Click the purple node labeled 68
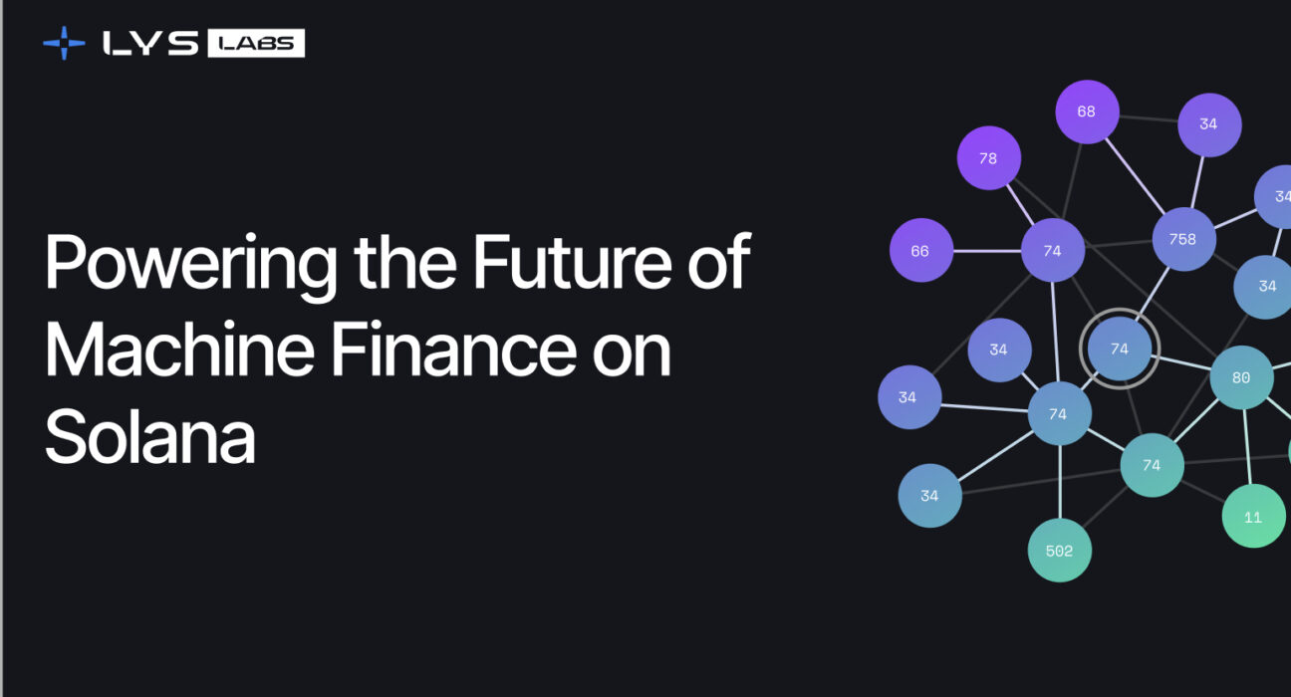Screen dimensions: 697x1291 [x=1087, y=112]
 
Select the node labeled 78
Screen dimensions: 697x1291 [x=988, y=158]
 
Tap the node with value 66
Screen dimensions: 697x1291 [x=920, y=251]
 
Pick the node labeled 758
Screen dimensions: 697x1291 [x=1183, y=239]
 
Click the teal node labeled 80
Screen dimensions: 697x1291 [x=1241, y=378]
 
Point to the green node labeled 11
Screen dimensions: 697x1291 [x=1253, y=517]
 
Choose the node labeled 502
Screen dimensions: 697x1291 [x=1059, y=551]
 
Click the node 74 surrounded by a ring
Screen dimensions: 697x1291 [x=1120, y=349]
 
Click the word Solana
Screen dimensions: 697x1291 [x=149, y=437]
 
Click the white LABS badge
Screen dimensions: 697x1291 [x=256, y=43]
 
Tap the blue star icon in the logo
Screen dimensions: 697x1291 [x=65, y=43]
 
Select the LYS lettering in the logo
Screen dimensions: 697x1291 [x=150, y=43]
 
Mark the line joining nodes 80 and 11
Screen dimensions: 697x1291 [x=1247, y=446]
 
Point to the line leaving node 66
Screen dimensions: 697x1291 [x=987, y=251]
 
